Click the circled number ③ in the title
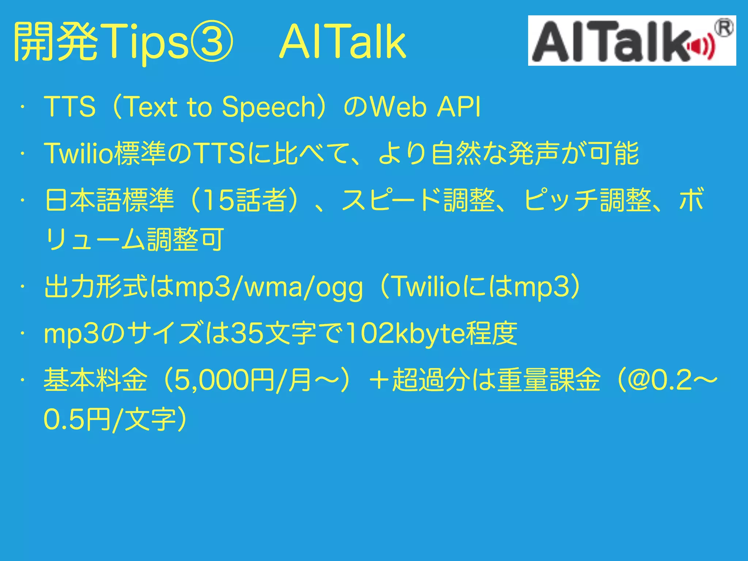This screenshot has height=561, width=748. tap(211, 41)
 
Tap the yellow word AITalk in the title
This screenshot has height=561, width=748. tap(342, 41)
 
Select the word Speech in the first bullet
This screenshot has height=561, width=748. tap(269, 107)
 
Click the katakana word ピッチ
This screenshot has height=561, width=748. tap(561, 201)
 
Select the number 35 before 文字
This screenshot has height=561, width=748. tap(247, 334)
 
